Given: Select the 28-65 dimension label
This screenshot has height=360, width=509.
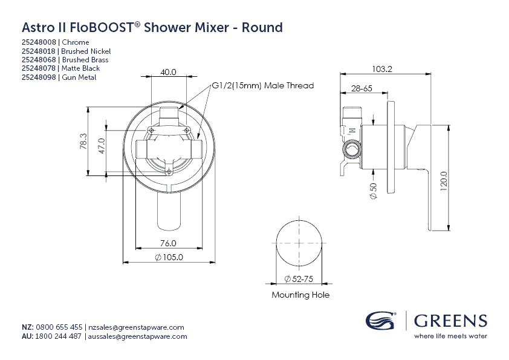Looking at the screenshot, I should click(361, 88).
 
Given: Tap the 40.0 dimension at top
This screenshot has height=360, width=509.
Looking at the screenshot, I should click(168, 72).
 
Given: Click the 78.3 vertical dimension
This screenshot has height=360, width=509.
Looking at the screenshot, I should click(83, 142).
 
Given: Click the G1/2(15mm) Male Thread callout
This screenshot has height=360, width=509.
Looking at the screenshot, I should click(262, 86).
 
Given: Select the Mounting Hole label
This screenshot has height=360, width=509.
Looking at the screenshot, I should click(300, 295).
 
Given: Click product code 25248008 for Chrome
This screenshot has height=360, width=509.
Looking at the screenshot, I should click(39, 42).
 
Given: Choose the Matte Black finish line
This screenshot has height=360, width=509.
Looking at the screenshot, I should click(60, 68).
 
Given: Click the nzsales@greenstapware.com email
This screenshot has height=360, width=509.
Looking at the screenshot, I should click(135, 327).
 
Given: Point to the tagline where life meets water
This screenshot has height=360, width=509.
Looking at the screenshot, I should click(450, 336).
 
